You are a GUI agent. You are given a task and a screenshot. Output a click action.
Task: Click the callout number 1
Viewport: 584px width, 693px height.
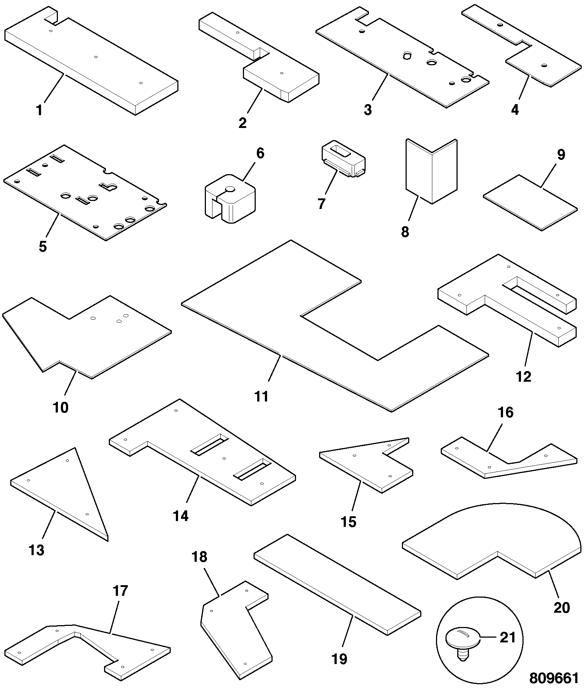pyautogui.click(x=40, y=110)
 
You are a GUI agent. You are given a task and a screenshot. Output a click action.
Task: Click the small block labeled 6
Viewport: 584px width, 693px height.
pyautogui.click(x=230, y=202)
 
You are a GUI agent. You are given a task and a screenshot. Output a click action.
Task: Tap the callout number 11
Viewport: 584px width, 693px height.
pyautogui.click(x=262, y=397)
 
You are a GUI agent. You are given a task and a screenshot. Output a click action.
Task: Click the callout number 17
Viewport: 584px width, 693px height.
pyautogui.click(x=120, y=591)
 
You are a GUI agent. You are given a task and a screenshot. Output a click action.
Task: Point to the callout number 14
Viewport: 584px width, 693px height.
pyautogui.click(x=181, y=516)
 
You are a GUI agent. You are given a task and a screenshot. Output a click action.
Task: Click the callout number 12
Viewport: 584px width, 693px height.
pyautogui.click(x=523, y=377)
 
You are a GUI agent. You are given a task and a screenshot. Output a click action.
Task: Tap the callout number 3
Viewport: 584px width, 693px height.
pyautogui.click(x=367, y=110)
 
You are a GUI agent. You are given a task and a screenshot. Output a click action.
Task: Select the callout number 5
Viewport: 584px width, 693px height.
pyautogui.click(x=43, y=246)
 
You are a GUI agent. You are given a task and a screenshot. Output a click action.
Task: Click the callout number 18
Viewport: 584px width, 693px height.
pyautogui.click(x=200, y=557)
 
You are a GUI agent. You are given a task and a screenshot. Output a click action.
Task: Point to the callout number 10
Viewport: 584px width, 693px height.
pyautogui.click(x=61, y=407)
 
